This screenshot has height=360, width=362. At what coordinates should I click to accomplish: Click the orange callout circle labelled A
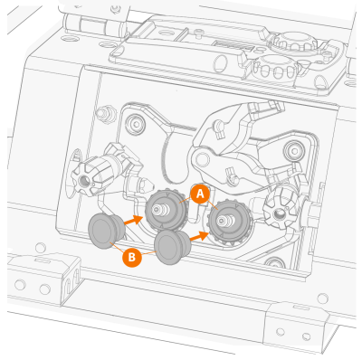coord(200,194)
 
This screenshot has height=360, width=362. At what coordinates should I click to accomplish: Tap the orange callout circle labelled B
coord(132,258)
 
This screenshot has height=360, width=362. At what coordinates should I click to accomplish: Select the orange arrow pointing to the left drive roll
coord(133,220)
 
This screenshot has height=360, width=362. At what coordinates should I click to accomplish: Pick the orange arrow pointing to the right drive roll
coord(199,236)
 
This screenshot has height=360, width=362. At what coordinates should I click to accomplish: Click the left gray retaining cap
coord(106,231)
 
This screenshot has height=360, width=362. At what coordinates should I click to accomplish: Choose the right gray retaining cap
coord(172,247)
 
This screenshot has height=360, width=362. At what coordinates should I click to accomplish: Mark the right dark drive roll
coord(230,223)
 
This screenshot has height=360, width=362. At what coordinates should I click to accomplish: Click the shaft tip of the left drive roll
coord(157,210)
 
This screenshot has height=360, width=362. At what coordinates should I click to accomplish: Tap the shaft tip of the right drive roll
coord(222,222)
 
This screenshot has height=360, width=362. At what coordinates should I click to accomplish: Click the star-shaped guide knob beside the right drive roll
coord(278,210)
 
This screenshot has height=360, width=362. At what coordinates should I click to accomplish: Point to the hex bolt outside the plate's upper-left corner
coord(104,113)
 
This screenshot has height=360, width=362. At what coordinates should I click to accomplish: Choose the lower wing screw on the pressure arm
coord(233,177)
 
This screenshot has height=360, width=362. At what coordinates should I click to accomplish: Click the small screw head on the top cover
coord(198,33)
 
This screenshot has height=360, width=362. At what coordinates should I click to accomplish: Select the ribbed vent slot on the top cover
coord(232,46)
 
